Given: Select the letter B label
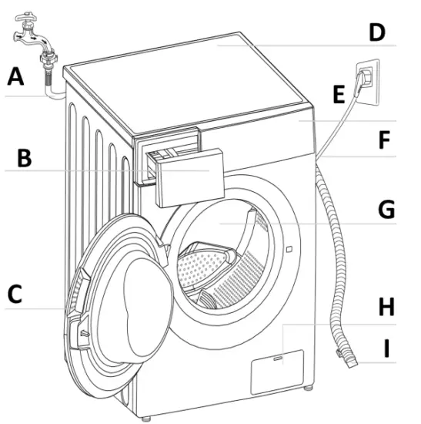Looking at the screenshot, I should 25,159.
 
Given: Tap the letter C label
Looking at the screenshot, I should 17,294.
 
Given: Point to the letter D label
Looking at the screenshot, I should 376,32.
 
